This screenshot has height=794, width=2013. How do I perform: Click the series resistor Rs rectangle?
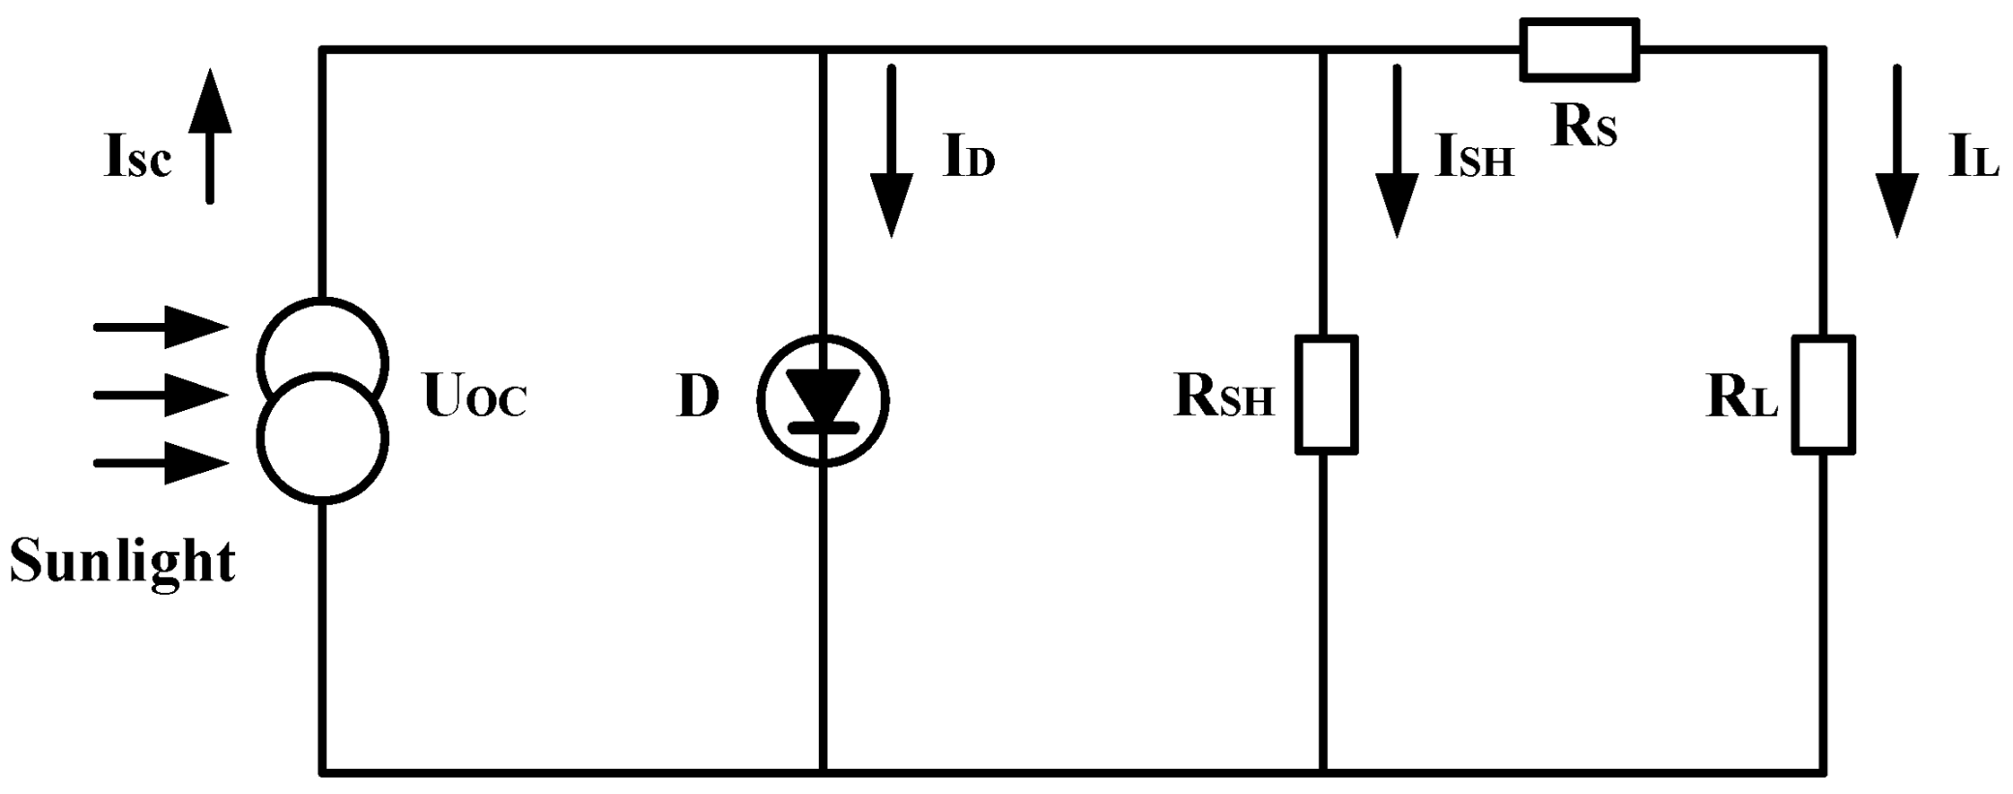1578,49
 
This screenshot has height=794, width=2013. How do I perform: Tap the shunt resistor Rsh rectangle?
1326,395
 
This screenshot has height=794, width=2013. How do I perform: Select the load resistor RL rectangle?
1823,395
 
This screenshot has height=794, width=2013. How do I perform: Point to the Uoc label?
474,397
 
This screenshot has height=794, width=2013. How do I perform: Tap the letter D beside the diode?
698,397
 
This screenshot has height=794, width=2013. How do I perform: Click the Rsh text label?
1223,397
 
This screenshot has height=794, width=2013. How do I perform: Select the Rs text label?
1583,127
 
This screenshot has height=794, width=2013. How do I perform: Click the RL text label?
1742,397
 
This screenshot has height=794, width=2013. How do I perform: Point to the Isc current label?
137,158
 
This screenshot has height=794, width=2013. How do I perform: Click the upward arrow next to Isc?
210,135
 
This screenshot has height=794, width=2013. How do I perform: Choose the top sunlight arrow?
161,327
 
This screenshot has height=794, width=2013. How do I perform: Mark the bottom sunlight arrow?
161,463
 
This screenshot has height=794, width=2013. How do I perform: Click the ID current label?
969,158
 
